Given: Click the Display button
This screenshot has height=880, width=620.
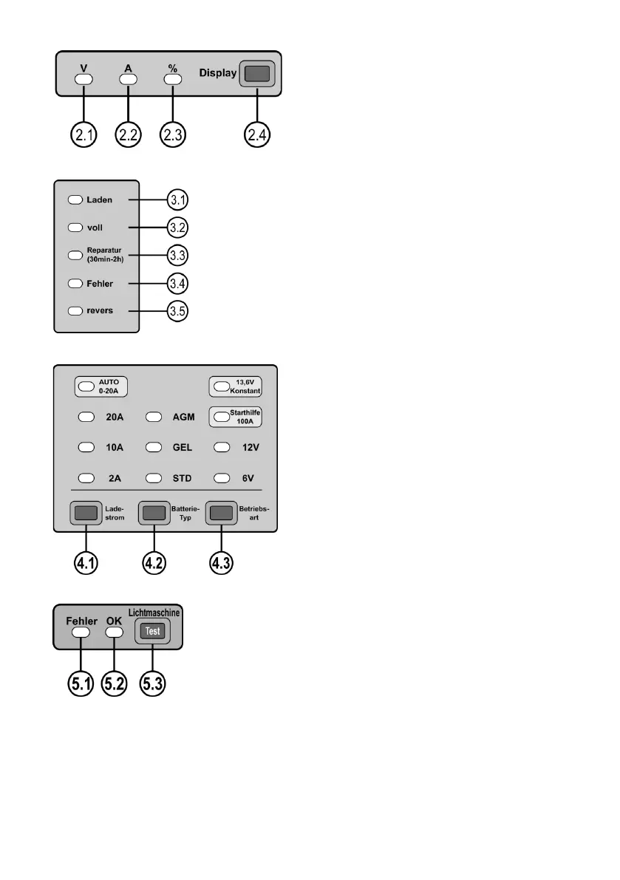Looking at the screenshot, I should tap(256, 74).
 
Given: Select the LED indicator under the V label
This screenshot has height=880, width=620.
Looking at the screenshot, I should tap(84, 79).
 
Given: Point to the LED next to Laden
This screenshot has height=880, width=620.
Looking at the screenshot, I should tap(75, 199).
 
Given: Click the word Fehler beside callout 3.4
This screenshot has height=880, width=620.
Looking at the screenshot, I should tap(100, 283).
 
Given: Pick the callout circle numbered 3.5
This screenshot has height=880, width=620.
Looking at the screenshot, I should tap(178, 311).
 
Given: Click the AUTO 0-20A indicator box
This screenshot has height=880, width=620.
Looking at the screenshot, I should tap(102, 387).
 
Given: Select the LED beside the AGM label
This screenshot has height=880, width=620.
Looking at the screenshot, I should tap(154, 417).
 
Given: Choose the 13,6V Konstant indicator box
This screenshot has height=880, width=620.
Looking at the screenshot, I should tap(236, 387).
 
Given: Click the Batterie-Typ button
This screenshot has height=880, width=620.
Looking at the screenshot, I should tap(152, 513).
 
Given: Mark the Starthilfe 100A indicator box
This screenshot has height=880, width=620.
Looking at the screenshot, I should tap(236, 417).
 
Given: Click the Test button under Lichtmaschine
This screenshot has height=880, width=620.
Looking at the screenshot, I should tap(151, 631).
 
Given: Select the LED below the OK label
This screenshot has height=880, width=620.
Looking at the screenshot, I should tap(114, 632).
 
